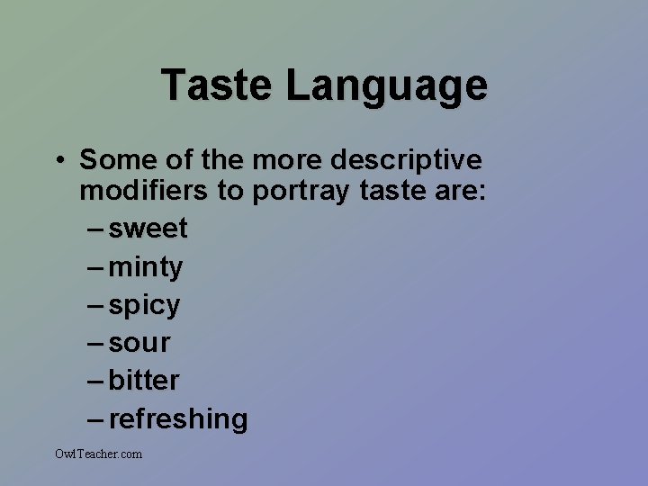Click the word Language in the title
pos(387,85)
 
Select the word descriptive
pos(406,160)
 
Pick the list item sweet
pos(148,229)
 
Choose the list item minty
pos(145,266)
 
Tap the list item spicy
pos(144,305)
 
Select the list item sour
pos(139,343)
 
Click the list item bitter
pos(144,381)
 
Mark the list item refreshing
pos(178,418)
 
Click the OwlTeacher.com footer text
pos(98,454)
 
